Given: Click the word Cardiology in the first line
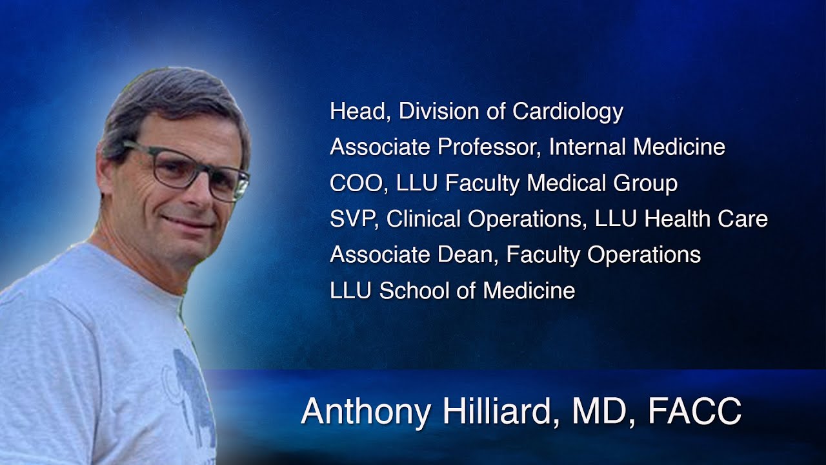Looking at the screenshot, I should [568, 112].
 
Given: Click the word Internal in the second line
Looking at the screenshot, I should [587, 148].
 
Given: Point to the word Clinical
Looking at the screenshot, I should [428, 220].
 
